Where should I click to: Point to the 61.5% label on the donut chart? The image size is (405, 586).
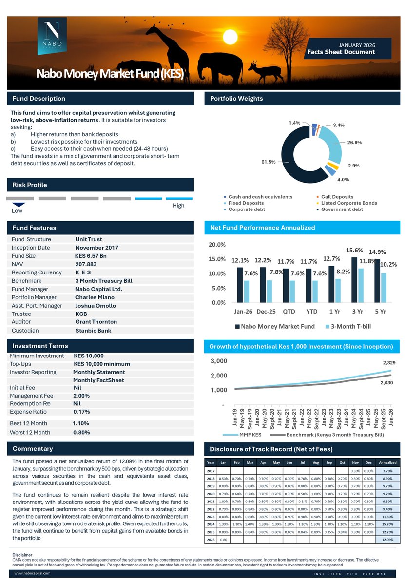tap(269, 162)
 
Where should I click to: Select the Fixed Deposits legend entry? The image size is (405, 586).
tap(246, 203)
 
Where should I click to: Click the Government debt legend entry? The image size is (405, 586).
tap(342, 209)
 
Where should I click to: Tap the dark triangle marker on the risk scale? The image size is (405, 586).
tap(19, 205)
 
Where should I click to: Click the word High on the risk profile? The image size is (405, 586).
tap(178, 206)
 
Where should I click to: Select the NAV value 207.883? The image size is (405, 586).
tap(86, 264)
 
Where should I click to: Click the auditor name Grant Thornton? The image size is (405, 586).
tap(96, 322)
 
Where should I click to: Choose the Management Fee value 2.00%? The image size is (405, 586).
tap(81, 396)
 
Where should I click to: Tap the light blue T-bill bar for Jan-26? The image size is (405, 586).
tap(247, 292)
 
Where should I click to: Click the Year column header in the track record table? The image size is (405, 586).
tap(211, 462)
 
